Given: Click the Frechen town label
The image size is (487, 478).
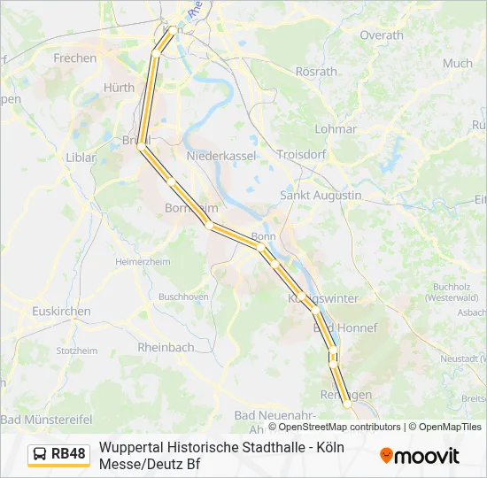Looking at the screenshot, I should (x=74, y=58).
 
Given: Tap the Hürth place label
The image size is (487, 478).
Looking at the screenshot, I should (x=119, y=88).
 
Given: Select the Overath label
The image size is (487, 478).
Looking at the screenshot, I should (x=381, y=35).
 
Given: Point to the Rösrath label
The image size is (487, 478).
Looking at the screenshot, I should (x=316, y=71).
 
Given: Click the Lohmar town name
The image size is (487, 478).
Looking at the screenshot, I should (x=336, y=129).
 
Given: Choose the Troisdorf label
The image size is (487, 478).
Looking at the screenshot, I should (x=303, y=154).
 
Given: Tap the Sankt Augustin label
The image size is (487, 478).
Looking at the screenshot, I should (x=321, y=195).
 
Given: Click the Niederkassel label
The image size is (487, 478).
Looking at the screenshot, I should (x=220, y=156).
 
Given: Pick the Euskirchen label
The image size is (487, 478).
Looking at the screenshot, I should (x=60, y=312).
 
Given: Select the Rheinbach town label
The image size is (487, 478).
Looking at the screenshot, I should (x=166, y=348).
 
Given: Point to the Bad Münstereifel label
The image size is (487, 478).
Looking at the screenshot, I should (x=47, y=418).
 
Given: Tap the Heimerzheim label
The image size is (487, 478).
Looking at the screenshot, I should (x=143, y=262).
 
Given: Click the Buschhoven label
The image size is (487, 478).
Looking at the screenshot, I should (x=183, y=297).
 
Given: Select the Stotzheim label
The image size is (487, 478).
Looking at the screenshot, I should (x=76, y=351).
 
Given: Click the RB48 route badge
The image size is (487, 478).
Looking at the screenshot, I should (x=59, y=454).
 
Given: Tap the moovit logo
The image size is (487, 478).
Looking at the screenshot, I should (x=420, y=456).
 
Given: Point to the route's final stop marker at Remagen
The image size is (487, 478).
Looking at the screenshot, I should (x=346, y=403).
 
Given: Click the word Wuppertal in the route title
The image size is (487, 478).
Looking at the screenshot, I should (x=131, y=447).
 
